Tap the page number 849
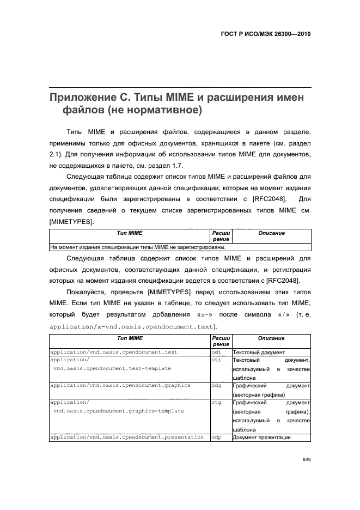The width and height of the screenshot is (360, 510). tap(306, 460)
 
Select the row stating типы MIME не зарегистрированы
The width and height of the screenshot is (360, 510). tap(138, 246)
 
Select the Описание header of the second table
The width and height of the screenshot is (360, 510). tap(271, 338)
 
